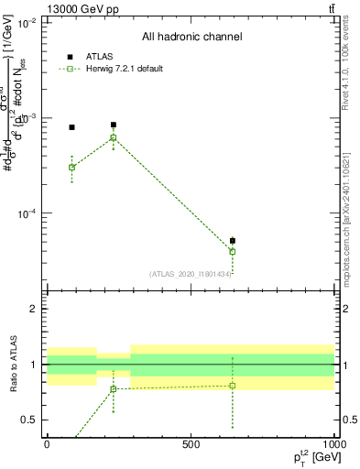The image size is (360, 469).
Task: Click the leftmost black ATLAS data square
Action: click(72, 127)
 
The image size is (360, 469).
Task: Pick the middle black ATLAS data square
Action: click(114, 125)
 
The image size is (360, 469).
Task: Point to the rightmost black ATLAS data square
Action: click(233, 241)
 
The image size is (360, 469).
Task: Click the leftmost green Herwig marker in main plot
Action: click(72, 168)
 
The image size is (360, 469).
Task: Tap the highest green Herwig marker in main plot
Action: click(114, 138)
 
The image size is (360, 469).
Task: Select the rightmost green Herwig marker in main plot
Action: click(233, 251)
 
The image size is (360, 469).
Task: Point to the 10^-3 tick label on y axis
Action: click(26, 118)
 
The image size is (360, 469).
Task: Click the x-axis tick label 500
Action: click(191, 444)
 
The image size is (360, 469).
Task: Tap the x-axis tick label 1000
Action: click(333, 444)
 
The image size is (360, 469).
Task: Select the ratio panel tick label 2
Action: click(34, 309)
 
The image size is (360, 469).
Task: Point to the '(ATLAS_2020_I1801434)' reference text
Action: click(191, 273)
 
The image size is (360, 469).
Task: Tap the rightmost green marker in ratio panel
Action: click(233, 386)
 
